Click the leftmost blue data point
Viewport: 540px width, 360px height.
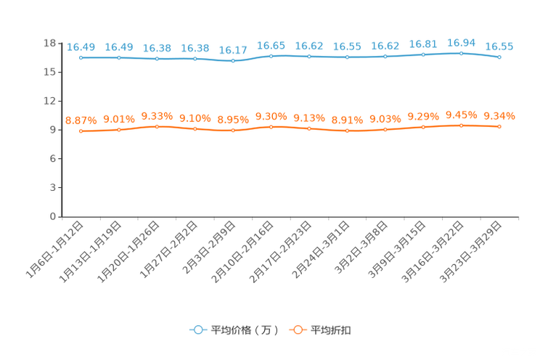point(81,57)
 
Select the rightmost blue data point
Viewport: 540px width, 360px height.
point(499,57)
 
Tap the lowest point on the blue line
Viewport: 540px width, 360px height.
point(233,61)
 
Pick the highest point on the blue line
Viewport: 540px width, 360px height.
point(461,53)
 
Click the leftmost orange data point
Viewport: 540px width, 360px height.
point(81,131)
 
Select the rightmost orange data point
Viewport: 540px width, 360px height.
point(499,126)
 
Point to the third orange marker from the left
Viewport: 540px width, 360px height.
point(157,126)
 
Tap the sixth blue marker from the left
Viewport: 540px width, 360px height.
point(271,55)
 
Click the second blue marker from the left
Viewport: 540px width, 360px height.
point(118,57)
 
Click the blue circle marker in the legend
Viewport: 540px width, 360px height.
point(197,330)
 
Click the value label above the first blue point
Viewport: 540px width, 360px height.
point(81,47)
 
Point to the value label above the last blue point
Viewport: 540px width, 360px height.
point(499,46)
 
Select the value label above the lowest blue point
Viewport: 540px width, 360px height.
point(233,51)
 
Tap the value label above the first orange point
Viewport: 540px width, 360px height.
point(81,120)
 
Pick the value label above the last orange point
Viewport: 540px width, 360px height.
point(499,116)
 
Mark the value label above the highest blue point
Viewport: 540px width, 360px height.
point(461,43)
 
